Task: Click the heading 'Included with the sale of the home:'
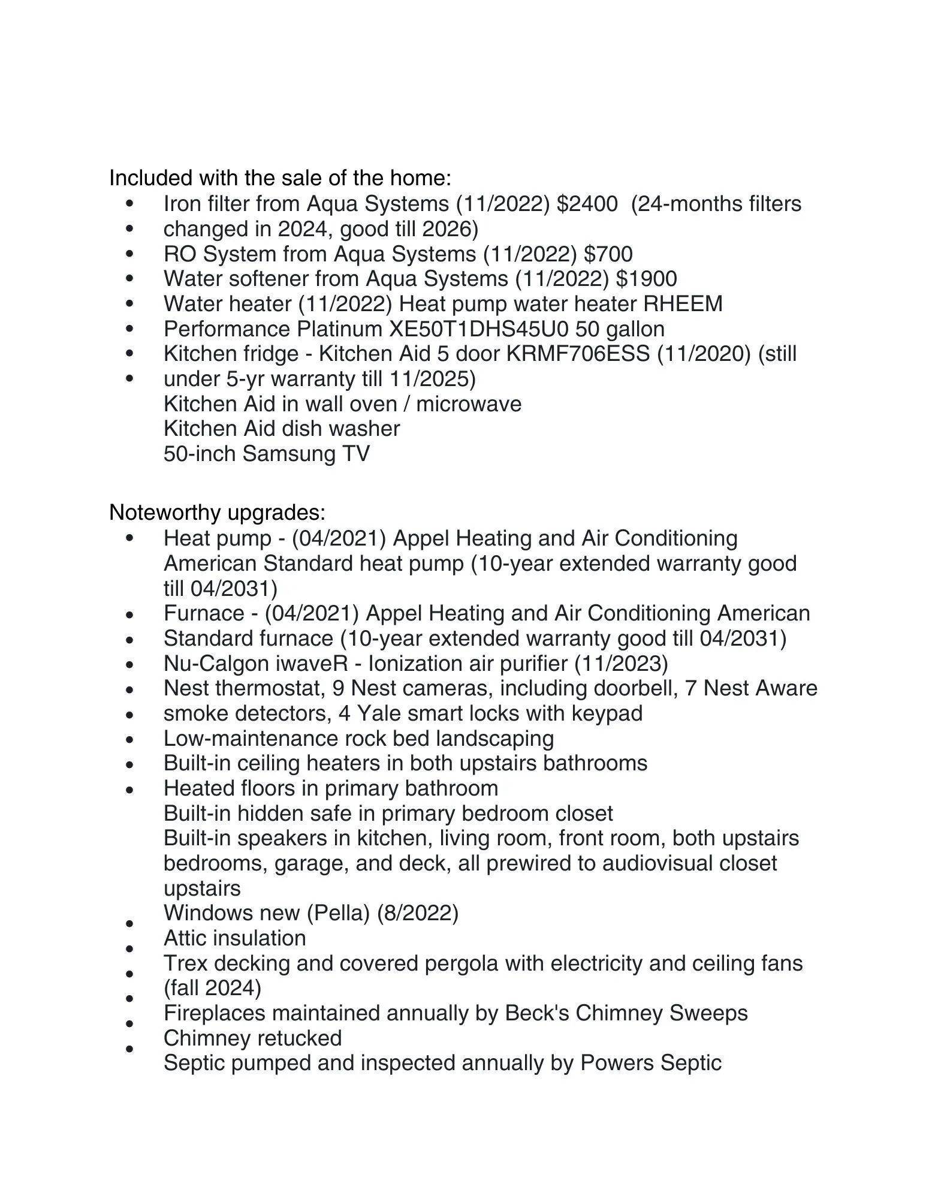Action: (x=279, y=178)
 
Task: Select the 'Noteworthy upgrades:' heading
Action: (x=217, y=513)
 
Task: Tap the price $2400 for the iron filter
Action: (x=587, y=204)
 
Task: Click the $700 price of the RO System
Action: (x=608, y=254)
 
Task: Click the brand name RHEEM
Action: (x=683, y=304)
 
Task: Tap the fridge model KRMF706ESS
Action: (x=578, y=354)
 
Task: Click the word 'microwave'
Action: (x=469, y=404)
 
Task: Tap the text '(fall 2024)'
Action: (x=213, y=987)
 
